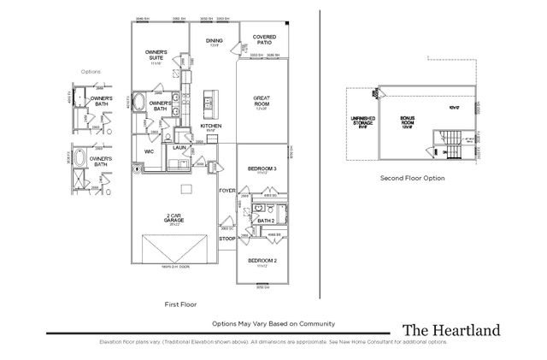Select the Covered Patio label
click(x=262, y=39)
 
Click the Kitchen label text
click(x=211, y=126)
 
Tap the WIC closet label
click(x=149, y=151)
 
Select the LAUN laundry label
click(x=179, y=148)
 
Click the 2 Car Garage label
click(x=174, y=218)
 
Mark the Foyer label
click(x=226, y=190)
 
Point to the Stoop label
click(x=226, y=239)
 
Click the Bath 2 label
click(x=266, y=220)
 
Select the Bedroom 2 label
click(x=262, y=259)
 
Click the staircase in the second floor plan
click(x=455, y=144)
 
